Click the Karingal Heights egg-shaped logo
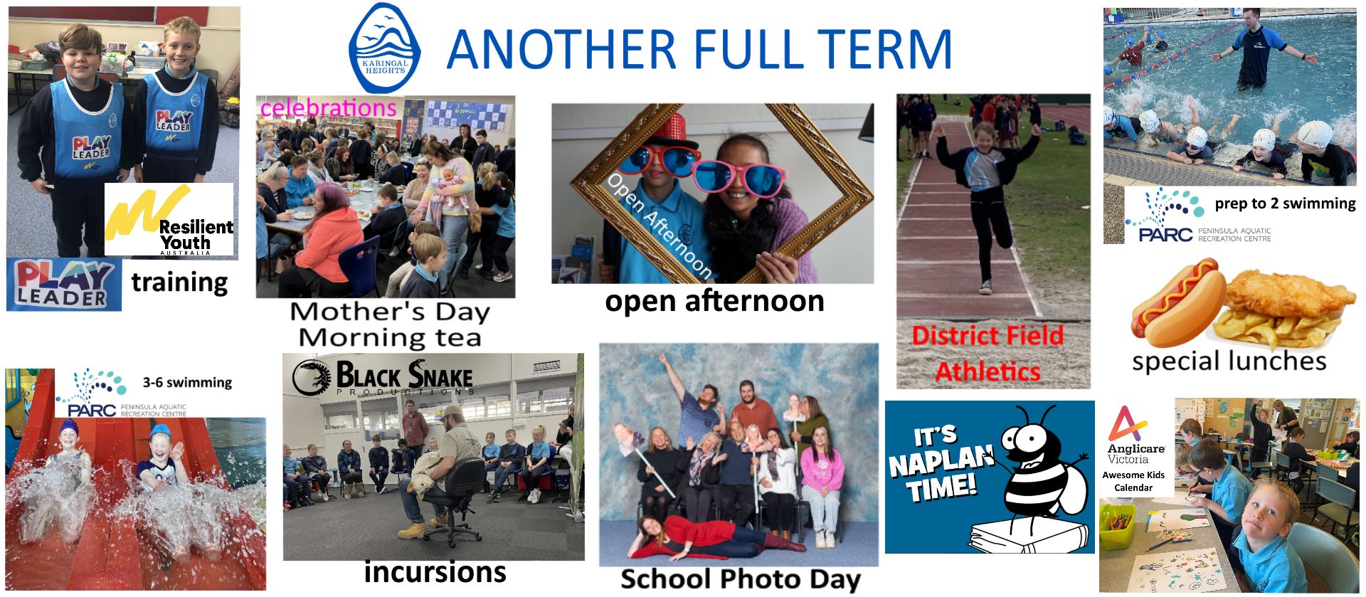tap(384, 48)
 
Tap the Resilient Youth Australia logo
tap(169, 220)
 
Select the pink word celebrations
tap(328, 108)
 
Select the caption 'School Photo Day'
tap(740, 579)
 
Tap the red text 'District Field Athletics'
tap(988, 354)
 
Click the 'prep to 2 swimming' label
tap(1285, 204)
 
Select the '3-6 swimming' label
tap(187, 382)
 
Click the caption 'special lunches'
tap(1229, 361)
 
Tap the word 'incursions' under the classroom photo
tap(435, 571)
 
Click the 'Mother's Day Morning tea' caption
tap(390, 324)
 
